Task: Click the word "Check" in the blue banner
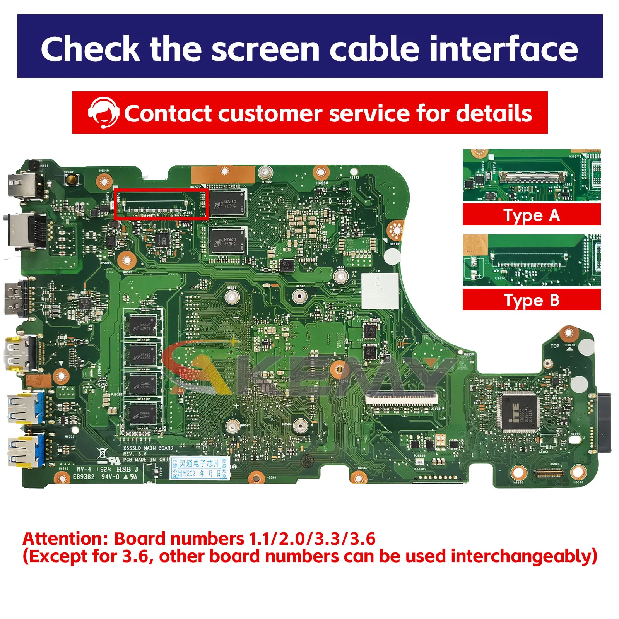click(x=90, y=49)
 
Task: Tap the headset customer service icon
click(x=103, y=113)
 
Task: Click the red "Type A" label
click(x=532, y=215)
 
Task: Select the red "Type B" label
click(x=532, y=300)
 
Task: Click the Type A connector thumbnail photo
click(x=532, y=175)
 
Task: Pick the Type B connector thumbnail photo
click(x=532, y=260)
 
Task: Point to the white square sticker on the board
click(x=380, y=291)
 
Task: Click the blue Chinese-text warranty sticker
click(x=200, y=468)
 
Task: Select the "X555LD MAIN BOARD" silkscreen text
click(x=148, y=448)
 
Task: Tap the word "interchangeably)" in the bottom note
click(x=524, y=556)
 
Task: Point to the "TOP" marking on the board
click(x=554, y=346)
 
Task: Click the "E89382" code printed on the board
click(x=84, y=477)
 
